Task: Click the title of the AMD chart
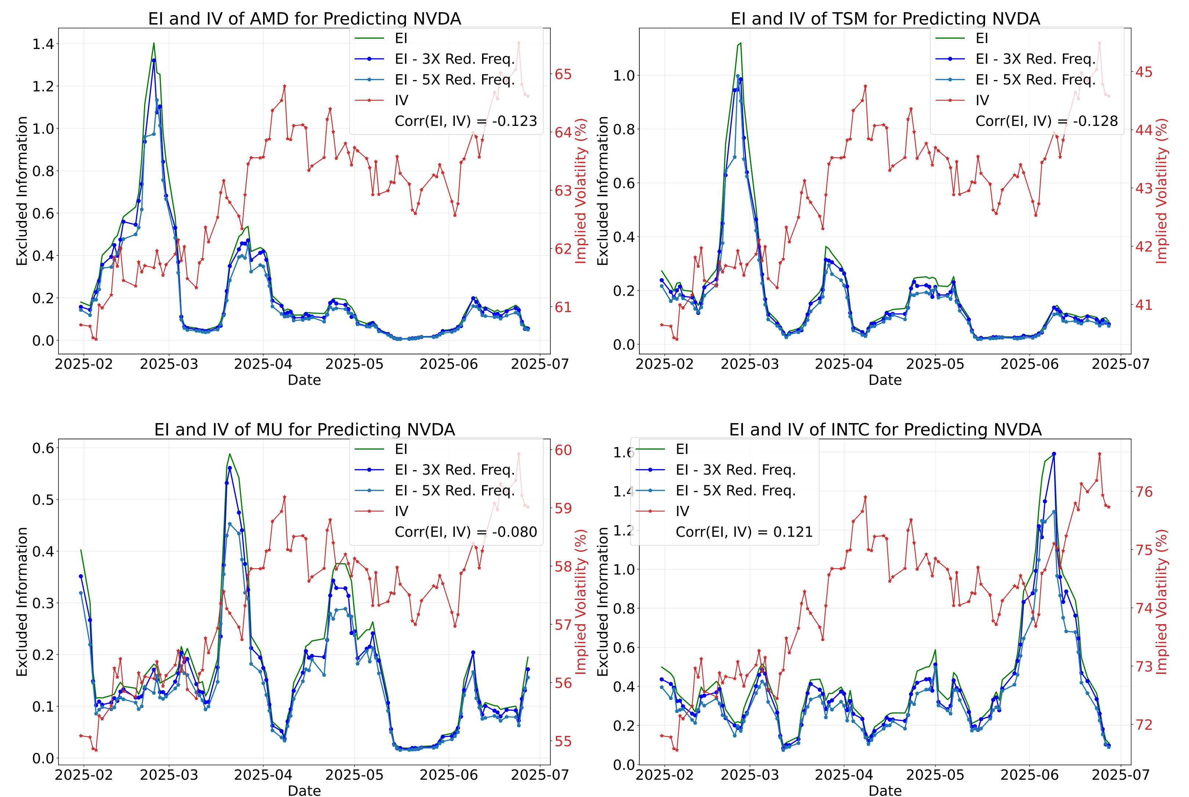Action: click(x=304, y=19)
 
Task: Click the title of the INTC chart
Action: click(x=885, y=430)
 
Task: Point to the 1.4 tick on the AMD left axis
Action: click(x=43, y=44)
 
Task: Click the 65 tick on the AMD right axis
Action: click(x=562, y=74)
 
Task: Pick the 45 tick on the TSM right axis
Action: click(x=1143, y=72)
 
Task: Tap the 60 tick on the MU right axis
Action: click(x=562, y=450)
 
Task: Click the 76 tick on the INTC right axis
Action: click(x=1143, y=492)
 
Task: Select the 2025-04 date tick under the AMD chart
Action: click(x=263, y=364)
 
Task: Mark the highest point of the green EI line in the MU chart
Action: click(x=230, y=454)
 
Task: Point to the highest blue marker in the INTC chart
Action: click(x=1054, y=453)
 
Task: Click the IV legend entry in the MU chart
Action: click(x=401, y=511)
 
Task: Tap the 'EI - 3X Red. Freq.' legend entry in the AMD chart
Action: click(x=455, y=59)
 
